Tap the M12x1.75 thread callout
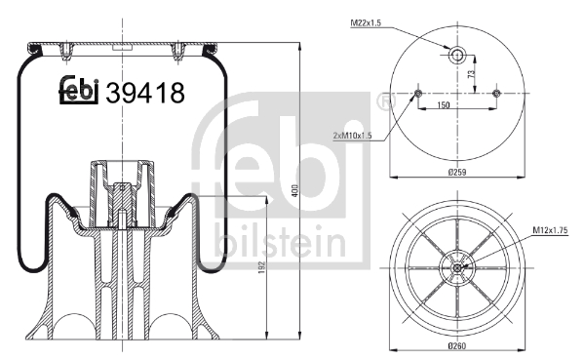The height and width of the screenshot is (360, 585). tap(550, 230)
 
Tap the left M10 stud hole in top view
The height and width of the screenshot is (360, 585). tap(417, 94)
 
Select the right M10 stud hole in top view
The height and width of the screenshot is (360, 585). tap(496, 94)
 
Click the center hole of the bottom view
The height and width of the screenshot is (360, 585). tap(457, 267)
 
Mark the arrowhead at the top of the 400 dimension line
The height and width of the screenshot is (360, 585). tap(299, 46)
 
